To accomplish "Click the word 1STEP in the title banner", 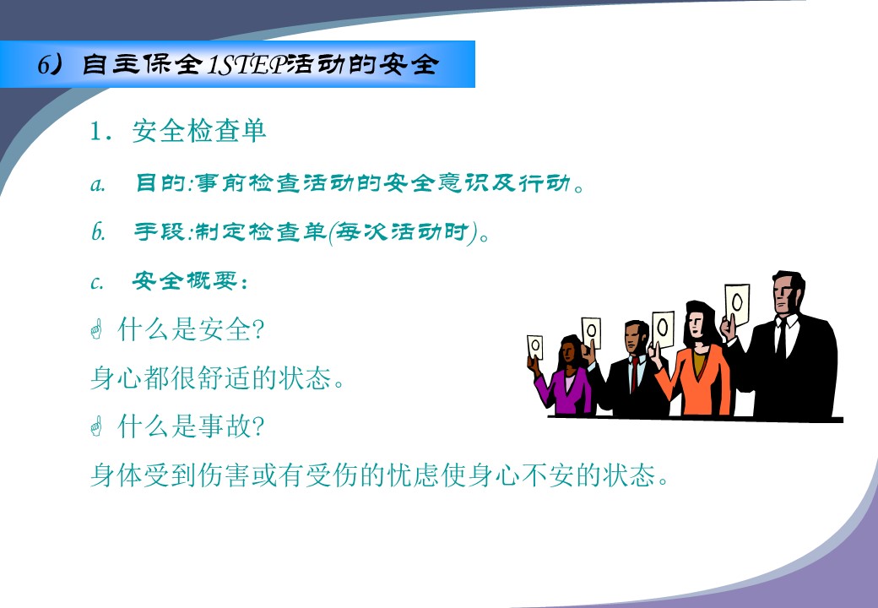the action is (247, 65).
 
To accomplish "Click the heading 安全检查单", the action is (198, 131).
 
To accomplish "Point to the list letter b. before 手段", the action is (98, 231).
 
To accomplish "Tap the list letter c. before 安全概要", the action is (96, 282).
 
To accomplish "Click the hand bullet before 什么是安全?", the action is (96, 329).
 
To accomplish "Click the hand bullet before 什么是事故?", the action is (96, 426).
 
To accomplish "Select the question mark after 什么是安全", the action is (258, 329).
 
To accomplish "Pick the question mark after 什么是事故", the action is (258, 426).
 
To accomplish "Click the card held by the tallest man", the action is (737, 304).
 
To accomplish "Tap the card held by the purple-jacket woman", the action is (534, 347).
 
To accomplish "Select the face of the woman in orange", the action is (696, 323).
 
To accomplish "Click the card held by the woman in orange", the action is (663, 328).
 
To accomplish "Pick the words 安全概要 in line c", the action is (186, 280).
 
